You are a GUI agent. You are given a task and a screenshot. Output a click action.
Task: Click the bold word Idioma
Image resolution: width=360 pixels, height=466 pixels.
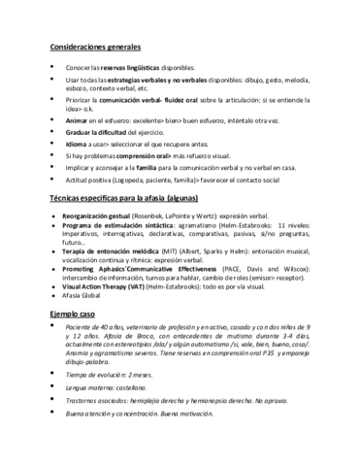[79, 151]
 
